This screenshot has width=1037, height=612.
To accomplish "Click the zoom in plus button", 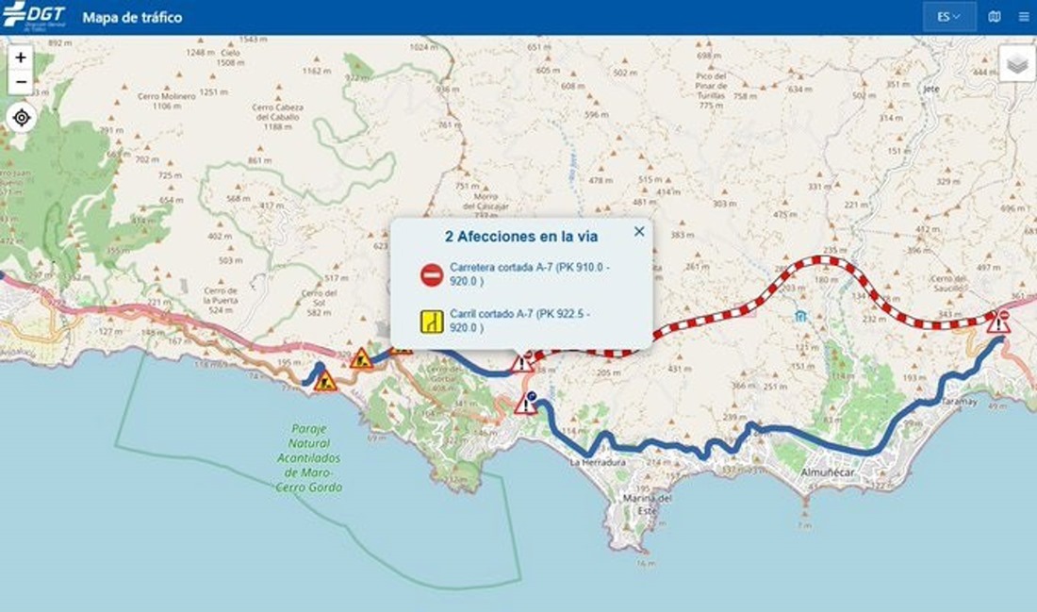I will tap(21, 58).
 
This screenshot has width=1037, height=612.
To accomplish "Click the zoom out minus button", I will tap(21, 82).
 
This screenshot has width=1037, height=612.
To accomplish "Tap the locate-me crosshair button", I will tap(21, 118).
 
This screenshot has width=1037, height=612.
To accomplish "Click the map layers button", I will tap(1016, 63).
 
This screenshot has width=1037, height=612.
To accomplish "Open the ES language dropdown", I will tap(948, 17).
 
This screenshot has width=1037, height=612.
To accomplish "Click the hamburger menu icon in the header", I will tap(1024, 17).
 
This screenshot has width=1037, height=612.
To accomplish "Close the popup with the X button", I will tap(639, 232).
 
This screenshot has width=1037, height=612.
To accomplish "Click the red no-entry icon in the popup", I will tap(432, 275).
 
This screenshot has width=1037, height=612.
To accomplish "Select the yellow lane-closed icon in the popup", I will tap(432, 322).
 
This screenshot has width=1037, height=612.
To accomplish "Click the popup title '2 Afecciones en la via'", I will tap(520, 236).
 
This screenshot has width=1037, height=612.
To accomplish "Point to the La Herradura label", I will tap(597, 463).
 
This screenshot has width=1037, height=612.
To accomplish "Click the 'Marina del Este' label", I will tap(648, 504).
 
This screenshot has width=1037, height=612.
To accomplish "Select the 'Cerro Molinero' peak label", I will tap(166, 100).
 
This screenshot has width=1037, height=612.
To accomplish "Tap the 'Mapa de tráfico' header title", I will tap(133, 17).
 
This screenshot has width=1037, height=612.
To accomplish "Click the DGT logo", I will tap(35, 17).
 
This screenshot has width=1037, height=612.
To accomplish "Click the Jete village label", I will tap(932, 89).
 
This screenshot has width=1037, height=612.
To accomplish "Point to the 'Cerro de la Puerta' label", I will tap(221, 299).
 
